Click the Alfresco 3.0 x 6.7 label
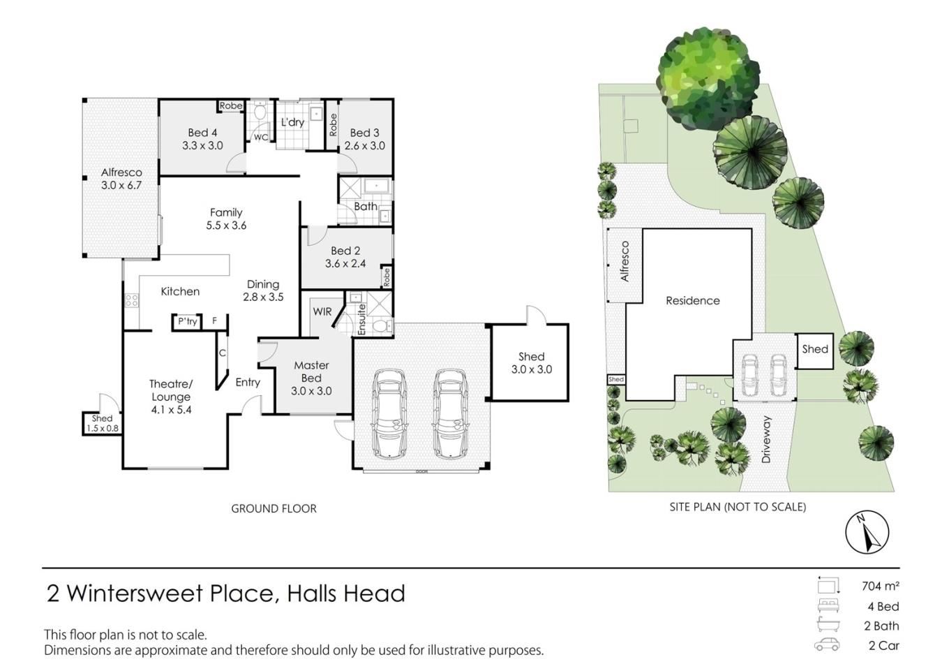point(121,179)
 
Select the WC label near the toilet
point(260,138)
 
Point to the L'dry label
point(293,122)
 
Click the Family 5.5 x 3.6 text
point(226,219)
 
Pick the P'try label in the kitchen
point(187,321)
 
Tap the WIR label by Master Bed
point(322,311)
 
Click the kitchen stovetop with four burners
point(132,300)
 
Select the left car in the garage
point(389,414)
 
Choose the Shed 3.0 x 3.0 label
point(531,363)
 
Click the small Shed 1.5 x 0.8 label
point(102,423)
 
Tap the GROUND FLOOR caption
point(274,508)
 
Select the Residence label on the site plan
point(693,301)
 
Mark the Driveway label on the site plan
point(765,439)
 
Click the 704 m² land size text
point(881,587)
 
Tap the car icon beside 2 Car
point(827,645)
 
